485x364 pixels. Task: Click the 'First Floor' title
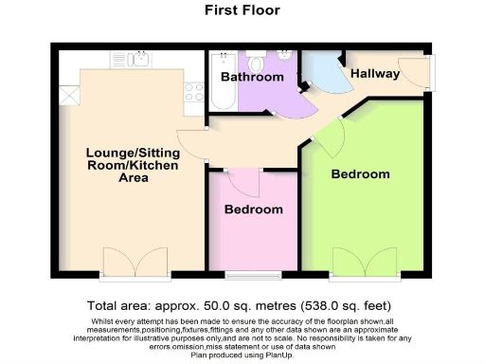242,11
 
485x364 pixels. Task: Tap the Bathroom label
252,77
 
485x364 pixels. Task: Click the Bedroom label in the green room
360,174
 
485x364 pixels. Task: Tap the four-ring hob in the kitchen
194,93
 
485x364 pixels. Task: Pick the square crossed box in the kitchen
69,95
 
